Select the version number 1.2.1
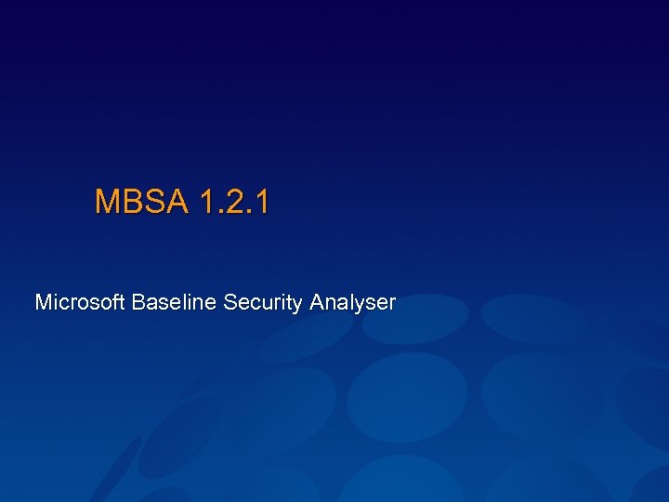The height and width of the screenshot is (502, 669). click(233, 201)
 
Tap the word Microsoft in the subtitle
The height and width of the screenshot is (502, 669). click(80, 302)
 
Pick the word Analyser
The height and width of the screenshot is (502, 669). click(353, 303)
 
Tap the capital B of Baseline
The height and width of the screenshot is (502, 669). click(138, 302)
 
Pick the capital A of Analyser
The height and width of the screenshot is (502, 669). click(318, 302)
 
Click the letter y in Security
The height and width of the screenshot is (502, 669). click(297, 305)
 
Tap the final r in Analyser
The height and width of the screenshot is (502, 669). click(392, 304)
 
